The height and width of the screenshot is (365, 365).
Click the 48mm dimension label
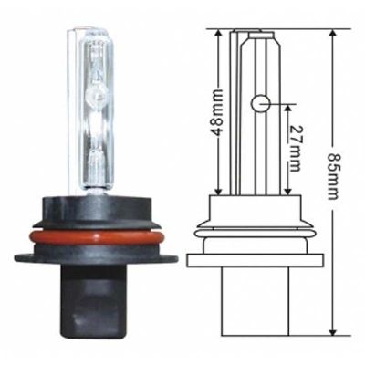[217, 112]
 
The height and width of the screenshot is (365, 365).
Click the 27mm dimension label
[295, 149]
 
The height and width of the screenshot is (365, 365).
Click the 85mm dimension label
[333, 176]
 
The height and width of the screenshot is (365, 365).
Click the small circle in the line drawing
[261, 104]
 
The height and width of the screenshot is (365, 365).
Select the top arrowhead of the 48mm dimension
[218, 34]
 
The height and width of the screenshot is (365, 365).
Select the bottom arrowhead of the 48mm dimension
[218, 191]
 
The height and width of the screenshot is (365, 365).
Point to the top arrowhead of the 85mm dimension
[333, 34]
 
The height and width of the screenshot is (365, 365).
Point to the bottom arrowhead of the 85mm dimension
[333, 331]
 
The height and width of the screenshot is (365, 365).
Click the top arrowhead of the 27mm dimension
[287, 109]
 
